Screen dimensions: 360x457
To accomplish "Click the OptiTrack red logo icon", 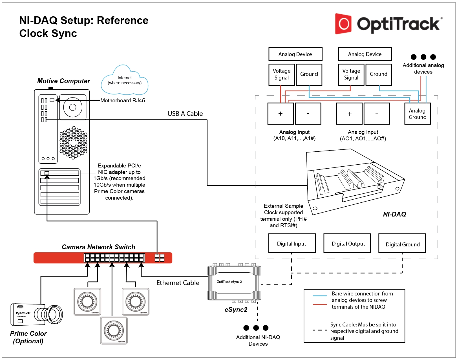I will tap(343, 24).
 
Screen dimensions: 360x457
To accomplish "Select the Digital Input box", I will tap(292, 243).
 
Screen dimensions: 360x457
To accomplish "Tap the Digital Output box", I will tap(347, 243).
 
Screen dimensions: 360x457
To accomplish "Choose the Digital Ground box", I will tap(402, 243).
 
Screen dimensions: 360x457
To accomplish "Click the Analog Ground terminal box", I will tap(417, 114).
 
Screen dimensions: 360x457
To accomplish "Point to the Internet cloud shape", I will tap(124, 81).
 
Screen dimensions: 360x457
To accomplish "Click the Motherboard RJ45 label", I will tap(123, 101).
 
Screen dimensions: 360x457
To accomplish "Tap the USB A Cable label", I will tap(185, 114).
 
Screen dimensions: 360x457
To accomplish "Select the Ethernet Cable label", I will tap(178, 283).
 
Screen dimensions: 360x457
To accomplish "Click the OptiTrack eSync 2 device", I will tap(234, 283).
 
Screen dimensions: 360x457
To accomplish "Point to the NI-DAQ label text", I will tap(394, 214).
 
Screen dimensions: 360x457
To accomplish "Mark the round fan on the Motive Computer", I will tap(73, 107).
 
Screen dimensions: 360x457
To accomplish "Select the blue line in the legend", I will tap(320, 296).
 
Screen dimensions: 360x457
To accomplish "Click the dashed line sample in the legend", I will tap(320, 330).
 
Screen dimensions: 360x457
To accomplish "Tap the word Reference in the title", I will tap(123, 21).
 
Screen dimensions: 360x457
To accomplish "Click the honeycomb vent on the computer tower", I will tap(73, 142).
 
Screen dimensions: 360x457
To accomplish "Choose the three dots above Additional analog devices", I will tap(423, 57).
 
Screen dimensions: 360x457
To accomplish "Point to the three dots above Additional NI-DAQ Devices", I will tap(256, 328).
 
